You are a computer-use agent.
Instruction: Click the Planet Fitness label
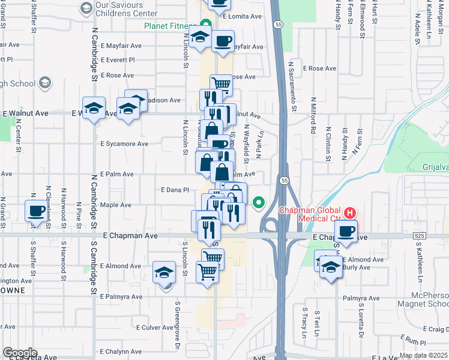(169, 26)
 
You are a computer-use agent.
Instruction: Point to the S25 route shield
(420, 237)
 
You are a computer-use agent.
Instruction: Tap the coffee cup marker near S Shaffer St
(35, 212)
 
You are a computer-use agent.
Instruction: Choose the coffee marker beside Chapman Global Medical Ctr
(345, 232)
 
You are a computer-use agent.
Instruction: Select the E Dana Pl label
(175, 190)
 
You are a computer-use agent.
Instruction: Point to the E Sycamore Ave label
(124, 144)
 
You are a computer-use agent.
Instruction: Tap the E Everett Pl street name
(118, 60)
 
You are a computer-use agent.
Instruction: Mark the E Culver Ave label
(154, 328)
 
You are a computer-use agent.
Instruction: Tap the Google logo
(19, 353)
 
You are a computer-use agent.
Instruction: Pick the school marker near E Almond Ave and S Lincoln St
(164, 273)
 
